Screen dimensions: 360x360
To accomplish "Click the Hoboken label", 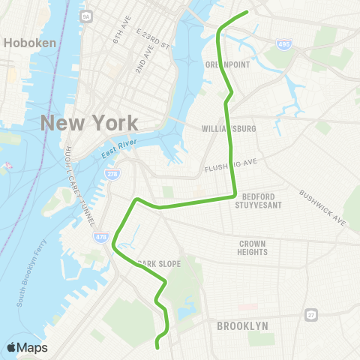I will click(30, 43).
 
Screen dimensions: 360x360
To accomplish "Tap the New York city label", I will click(89, 123).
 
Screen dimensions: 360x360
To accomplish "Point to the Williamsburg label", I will click(229, 129).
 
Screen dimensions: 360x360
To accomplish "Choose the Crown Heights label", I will click(253, 248).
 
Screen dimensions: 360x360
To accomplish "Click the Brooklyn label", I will click(242, 326).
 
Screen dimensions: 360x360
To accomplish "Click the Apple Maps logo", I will click(26, 347).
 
